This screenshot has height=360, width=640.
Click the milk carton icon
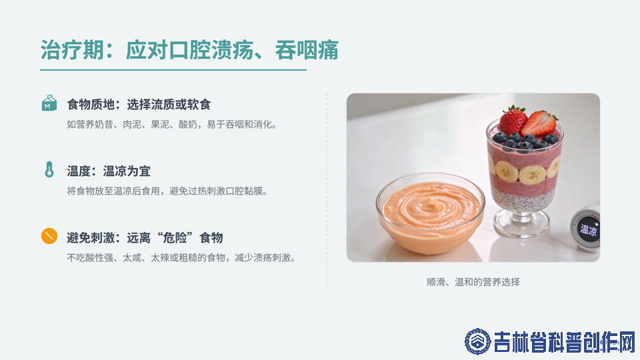click(49, 103)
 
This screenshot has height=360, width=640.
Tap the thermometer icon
click(49, 169)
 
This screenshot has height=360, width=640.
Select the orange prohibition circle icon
click(49, 236)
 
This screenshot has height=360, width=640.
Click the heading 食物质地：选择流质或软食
click(139, 105)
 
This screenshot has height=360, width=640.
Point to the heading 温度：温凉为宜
click(109, 171)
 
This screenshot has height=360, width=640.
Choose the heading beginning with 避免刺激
click(145, 237)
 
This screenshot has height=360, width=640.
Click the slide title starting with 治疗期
click(189, 50)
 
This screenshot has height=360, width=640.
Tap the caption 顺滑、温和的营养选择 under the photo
click(473, 282)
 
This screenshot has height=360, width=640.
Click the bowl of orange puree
click(431, 213)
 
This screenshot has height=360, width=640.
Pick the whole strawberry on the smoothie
click(513, 120)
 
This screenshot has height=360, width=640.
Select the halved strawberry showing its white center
click(540, 123)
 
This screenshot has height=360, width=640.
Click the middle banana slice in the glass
click(532, 175)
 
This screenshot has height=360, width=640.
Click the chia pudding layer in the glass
click(523, 199)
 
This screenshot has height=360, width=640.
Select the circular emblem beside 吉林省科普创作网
click(477, 341)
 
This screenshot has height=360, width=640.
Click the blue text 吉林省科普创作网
click(565, 342)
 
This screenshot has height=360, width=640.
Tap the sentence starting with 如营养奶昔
click(172, 125)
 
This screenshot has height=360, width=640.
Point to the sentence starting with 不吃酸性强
click(181, 257)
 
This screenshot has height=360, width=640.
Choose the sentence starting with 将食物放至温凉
click(168, 191)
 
